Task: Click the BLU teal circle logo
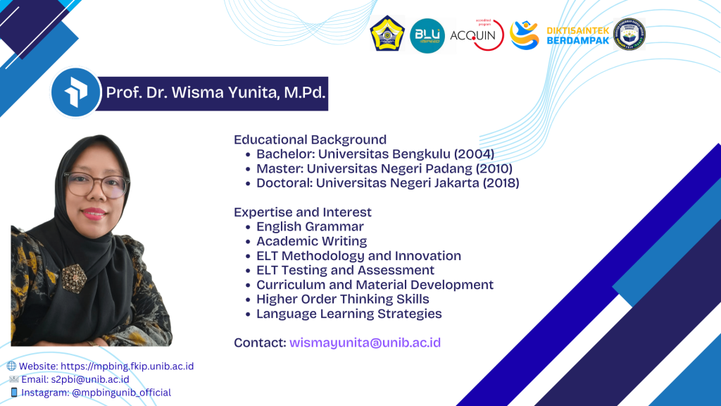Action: (427, 36)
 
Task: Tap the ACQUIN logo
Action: (477, 35)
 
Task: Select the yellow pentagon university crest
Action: (387, 34)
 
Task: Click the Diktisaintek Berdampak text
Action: (577, 35)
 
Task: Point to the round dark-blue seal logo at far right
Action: (629, 34)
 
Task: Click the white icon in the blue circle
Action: (76, 92)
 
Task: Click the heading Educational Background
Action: (310, 140)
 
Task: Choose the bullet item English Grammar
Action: (310, 226)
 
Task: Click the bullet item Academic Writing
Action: (311, 241)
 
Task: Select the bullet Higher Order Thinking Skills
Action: (343, 299)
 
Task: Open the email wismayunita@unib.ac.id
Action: (365, 343)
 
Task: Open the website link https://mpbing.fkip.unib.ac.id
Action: (127, 366)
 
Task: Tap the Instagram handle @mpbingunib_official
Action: (121, 393)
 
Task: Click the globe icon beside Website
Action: (11, 366)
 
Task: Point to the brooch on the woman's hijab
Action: (73, 278)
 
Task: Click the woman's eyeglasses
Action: (96, 185)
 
